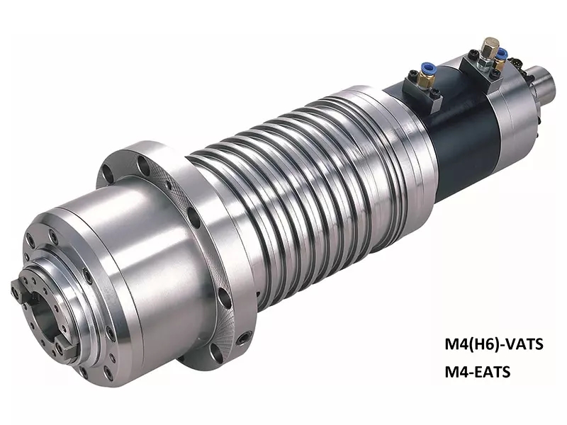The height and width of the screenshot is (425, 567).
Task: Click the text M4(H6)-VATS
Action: (x=493, y=344)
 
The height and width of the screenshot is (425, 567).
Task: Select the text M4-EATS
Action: (x=477, y=371)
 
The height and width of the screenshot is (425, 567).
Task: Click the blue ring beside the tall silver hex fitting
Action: (x=501, y=55)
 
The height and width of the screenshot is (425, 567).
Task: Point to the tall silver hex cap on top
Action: (x=490, y=45)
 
